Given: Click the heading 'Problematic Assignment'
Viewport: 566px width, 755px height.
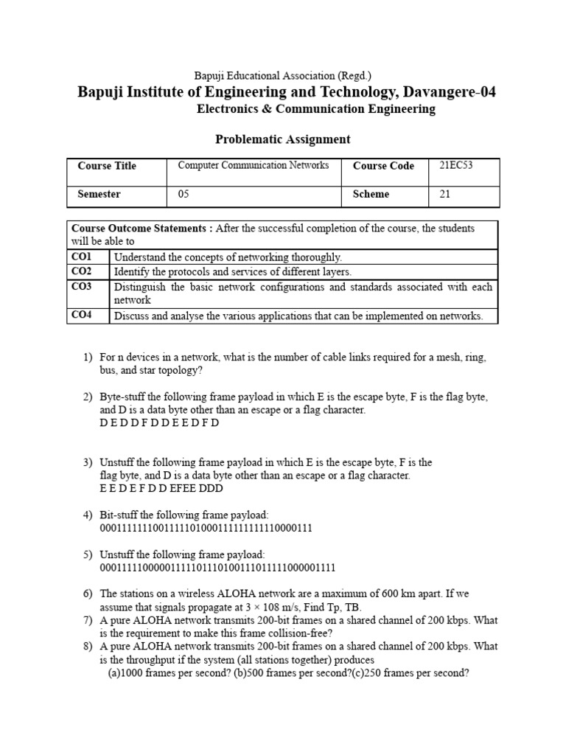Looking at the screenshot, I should coord(282,139).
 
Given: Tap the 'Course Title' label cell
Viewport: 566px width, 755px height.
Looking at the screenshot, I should coord(107,166).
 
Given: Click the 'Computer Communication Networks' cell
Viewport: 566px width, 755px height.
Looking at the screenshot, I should coord(254,166).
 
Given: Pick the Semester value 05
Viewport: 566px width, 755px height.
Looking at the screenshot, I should coord(184,195).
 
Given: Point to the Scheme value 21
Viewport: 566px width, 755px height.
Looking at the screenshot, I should coord(444,195).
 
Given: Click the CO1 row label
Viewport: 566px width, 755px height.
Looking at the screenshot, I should coord(82,257).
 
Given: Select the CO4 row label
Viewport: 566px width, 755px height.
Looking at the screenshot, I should coord(82,316).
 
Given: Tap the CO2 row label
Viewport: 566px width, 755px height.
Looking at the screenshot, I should coord(82,271).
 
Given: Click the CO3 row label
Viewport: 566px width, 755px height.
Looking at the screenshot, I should coord(82,287).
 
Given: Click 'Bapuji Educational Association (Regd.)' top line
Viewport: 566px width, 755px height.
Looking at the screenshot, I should coord(282,75).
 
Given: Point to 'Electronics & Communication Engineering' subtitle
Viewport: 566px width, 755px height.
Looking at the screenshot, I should coord(316,109).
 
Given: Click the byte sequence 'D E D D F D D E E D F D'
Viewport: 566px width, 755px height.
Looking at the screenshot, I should coord(159,423).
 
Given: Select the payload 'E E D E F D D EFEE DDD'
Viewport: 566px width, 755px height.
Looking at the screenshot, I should coord(161,488).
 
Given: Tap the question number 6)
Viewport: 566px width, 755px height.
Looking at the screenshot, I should coord(88,594).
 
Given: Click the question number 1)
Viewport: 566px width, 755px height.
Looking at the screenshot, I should coord(88,358).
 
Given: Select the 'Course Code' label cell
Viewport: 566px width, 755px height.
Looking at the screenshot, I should coord(383,166).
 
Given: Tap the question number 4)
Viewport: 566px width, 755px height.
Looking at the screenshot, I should coord(88,515).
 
